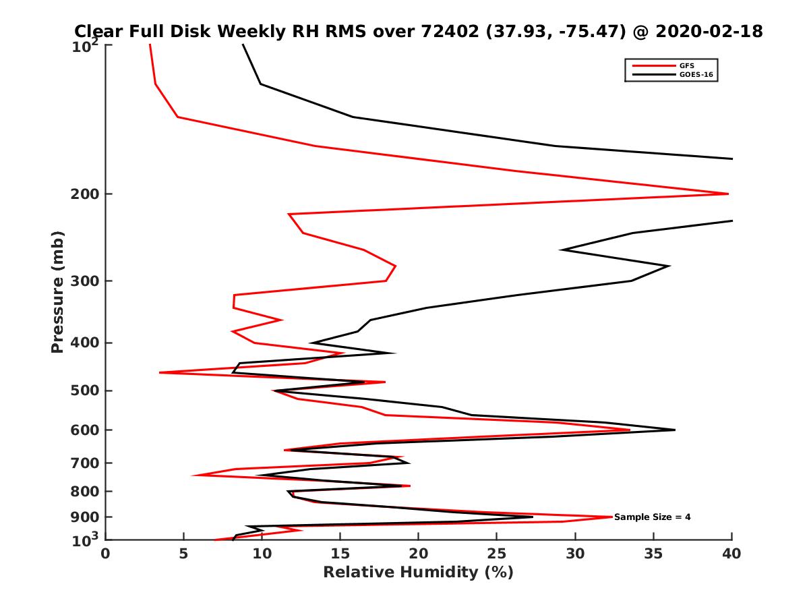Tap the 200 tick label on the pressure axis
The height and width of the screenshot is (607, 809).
click(86, 194)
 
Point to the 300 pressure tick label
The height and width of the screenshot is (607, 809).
click(86, 281)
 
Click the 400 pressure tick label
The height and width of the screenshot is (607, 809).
click(86, 343)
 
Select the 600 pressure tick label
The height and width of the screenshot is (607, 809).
click(86, 430)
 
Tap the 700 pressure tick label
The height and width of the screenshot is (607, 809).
click(86, 463)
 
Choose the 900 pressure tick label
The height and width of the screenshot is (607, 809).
click(86, 517)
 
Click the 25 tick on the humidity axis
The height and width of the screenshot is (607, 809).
click(497, 554)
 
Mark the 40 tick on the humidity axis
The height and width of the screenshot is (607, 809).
click(731, 554)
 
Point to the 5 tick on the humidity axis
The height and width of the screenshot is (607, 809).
click(183, 554)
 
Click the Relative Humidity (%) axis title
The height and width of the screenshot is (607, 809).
click(418, 573)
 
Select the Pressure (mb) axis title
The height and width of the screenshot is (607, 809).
click(57, 291)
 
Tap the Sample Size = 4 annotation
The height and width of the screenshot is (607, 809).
click(652, 517)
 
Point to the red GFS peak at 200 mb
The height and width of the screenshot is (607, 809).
click(727, 194)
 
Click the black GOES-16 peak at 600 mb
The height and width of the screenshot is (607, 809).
click(674, 430)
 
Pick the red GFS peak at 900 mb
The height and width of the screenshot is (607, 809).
click(611, 517)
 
